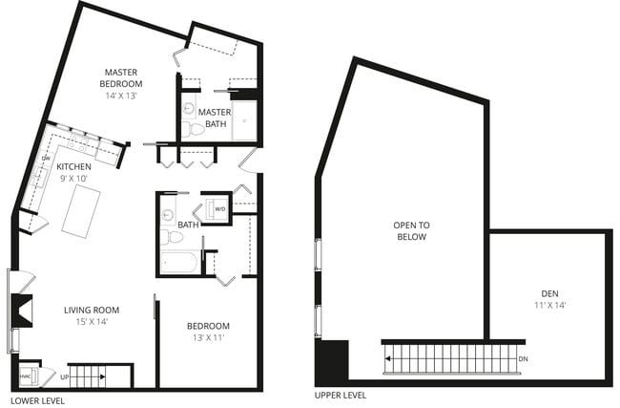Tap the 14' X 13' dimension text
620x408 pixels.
tap(123, 97)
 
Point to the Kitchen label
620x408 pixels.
tap(73, 166)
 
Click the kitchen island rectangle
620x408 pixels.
tap(81, 209)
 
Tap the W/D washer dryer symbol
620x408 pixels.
tap(219, 208)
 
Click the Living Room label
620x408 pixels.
tap(92, 310)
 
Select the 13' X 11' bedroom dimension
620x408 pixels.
tap(208, 338)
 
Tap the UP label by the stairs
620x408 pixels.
tap(64, 377)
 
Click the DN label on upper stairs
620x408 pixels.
tap(522, 358)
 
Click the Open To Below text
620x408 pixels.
tap(411, 230)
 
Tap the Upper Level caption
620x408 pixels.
tap(340, 396)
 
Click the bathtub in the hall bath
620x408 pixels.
tap(178, 262)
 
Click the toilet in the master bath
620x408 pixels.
tap(196, 127)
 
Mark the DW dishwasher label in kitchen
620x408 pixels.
tap(46, 159)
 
